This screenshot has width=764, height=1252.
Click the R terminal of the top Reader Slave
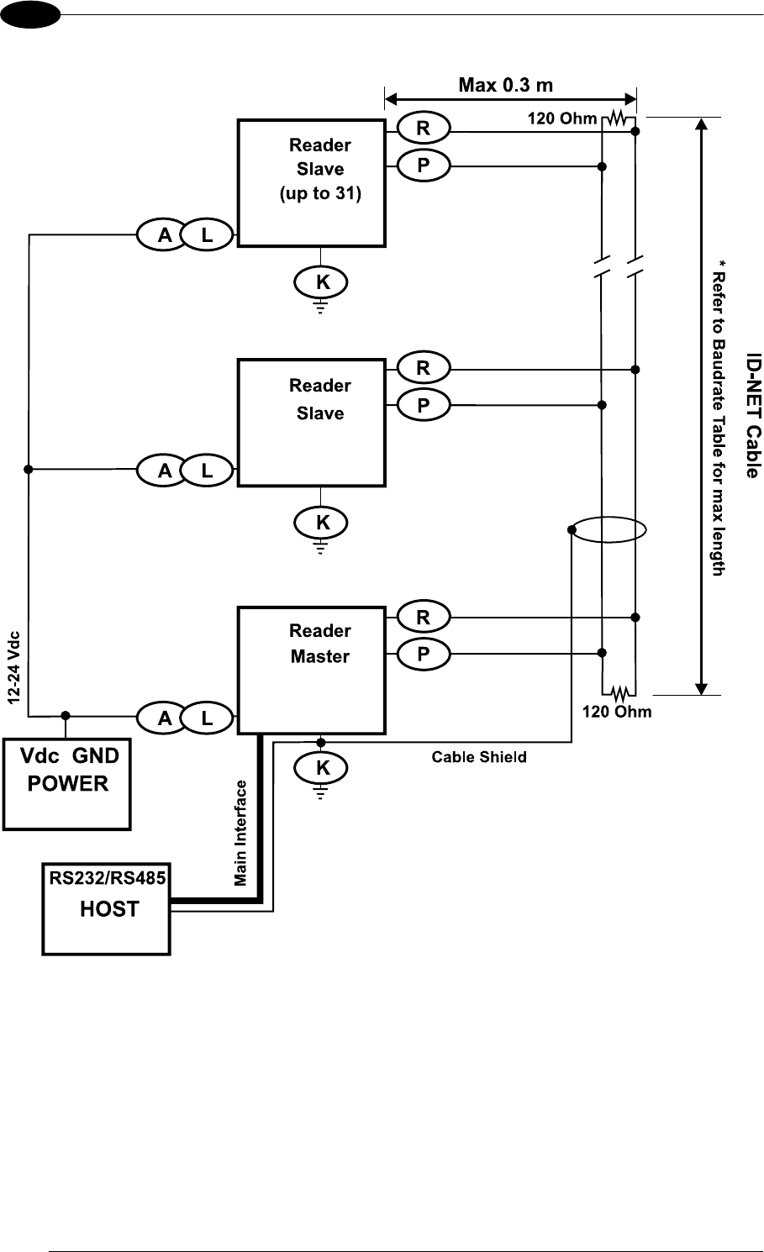click(423, 129)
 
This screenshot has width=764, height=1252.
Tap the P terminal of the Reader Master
click(423, 654)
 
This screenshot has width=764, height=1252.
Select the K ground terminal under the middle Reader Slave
click(322, 523)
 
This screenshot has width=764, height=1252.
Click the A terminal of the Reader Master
click(166, 718)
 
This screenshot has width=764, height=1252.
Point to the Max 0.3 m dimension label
click(505, 85)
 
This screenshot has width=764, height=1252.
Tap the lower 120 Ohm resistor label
click(617, 712)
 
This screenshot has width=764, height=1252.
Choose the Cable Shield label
click(479, 757)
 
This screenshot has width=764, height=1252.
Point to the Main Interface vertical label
click(241, 833)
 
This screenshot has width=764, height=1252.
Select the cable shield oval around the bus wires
click(608, 530)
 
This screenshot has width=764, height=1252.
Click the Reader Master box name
click(320, 644)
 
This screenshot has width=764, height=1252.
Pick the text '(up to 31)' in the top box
click(319, 193)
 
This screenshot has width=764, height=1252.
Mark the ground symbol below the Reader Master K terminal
click(321, 792)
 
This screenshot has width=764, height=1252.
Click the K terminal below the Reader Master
click(322, 767)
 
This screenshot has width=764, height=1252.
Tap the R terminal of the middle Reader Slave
click(423, 367)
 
